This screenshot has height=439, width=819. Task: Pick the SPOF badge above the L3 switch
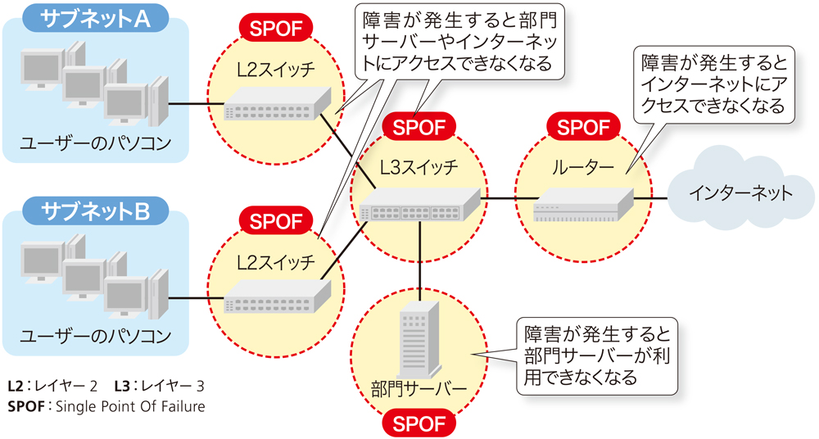point(418,128)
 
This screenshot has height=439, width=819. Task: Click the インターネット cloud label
point(740,193)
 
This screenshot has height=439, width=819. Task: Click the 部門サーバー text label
point(419,387)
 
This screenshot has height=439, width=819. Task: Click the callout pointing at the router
point(713,84)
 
